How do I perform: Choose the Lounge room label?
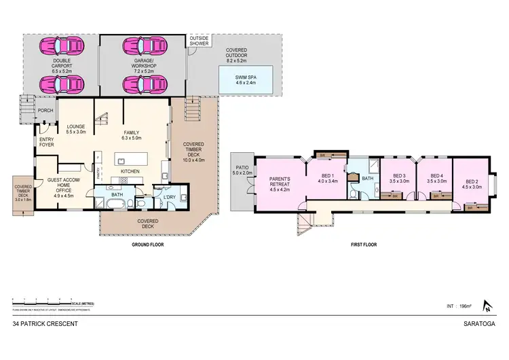76,129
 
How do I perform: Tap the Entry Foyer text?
47,141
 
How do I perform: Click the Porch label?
45,111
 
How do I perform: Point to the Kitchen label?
130,172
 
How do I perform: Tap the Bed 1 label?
328,179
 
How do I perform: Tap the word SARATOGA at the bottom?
483,325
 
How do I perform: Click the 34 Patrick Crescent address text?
45,325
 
